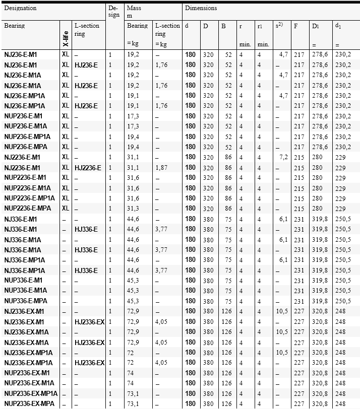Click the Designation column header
pyautogui.click(x=20, y=9)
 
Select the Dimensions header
pyautogui.click(x=201, y=9)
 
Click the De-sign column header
pyautogui.click(x=113, y=12)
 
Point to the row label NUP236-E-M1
pyautogui.click(x=25, y=116)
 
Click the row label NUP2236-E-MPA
pyautogui.click(x=28, y=209)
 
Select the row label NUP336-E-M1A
pyautogui.click(x=26, y=291)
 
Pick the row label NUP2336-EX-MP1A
pyautogui.click(x=31, y=393)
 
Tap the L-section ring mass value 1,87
pyautogui.click(x=161, y=167)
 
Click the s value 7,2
pyautogui.click(x=283, y=157)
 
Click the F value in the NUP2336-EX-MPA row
pyautogui.click(x=299, y=404)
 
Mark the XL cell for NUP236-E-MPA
pyautogui.click(x=66, y=147)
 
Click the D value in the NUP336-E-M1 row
pyautogui.click(x=208, y=281)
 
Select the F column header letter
pyautogui.click(x=296, y=26)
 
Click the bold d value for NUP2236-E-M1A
pyautogui.click(x=190, y=188)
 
